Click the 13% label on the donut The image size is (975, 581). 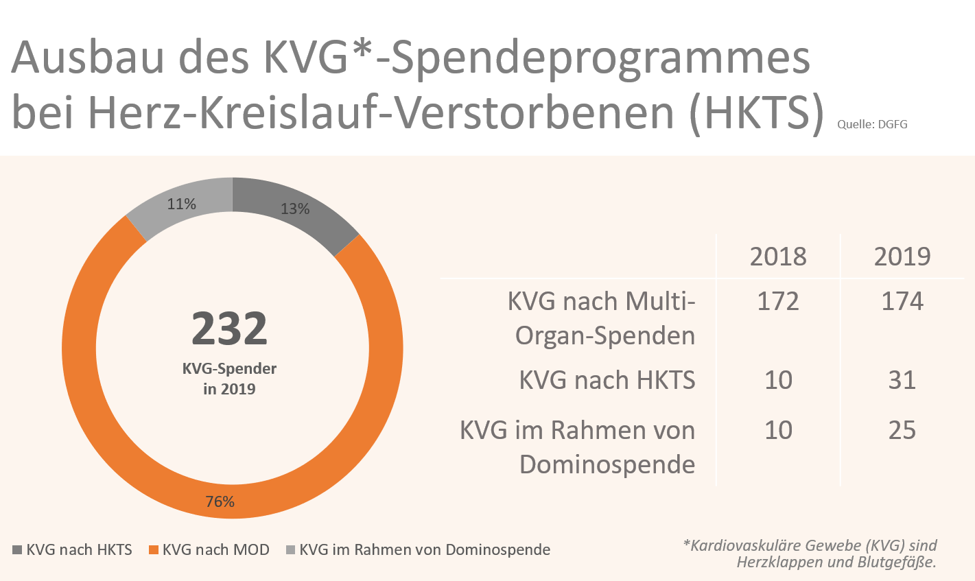point(295,209)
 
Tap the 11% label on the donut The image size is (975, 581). point(182,204)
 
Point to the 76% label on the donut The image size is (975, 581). point(220,502)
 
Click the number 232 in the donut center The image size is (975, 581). point(229,329)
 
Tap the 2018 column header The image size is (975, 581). point(778,257)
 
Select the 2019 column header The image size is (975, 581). point(902,257)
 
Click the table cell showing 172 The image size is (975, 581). point(778,302)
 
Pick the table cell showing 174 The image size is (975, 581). point(902,302)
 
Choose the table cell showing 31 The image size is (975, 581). point(902,380)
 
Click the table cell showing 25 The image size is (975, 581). point(902,431)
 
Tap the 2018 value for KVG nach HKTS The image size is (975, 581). point(778,380)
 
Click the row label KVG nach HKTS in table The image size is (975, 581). point(607,380)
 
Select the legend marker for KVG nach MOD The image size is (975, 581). point(154,550)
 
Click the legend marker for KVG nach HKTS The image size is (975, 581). point(18,550)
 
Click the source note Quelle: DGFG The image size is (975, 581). point(872,125)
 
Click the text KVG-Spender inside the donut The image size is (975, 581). point(229,369)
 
